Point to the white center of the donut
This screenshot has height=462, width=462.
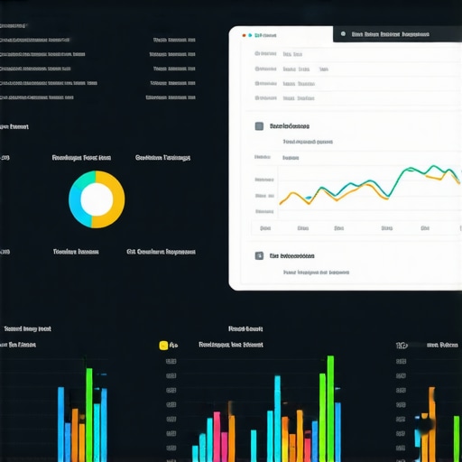(x=97, y=199)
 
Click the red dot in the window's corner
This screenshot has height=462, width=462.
(x=244, y=36)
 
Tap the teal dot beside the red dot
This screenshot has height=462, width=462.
(x=251, y=36)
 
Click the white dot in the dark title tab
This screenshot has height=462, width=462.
(x=342, y=35)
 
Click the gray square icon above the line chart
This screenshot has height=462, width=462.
(x=259, y=127)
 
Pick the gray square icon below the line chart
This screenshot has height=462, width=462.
(x=259, y=256)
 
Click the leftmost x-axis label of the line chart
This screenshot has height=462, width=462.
(x=265, y=228)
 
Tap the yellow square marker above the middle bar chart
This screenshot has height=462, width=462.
(x=163, y=345)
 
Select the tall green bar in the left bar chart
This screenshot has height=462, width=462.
(x=89, y=415)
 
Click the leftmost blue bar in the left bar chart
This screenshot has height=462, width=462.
(x=61, y=424)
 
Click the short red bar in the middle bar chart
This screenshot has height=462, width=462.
(x=217, y=438)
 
